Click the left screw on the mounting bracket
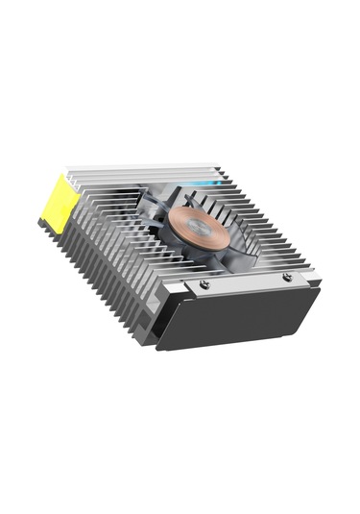coord(204,284)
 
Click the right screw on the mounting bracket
coord(287,277)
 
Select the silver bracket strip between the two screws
coord(246,281)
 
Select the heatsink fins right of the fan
coord(264,231)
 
